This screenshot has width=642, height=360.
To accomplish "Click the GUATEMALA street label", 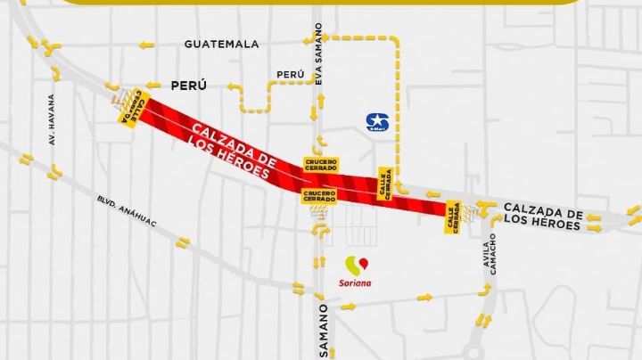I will click(x=221, y=44).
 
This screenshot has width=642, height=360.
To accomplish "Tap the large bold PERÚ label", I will click(x=188, y=86).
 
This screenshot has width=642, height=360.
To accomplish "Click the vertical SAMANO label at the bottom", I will click(x=324, y=331).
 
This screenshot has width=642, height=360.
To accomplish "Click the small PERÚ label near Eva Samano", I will click(x=284, y=75).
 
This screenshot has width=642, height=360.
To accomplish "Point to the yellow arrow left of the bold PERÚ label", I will click(x=235, y=87).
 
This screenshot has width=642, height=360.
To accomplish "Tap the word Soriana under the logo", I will click(x=358, y=282).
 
